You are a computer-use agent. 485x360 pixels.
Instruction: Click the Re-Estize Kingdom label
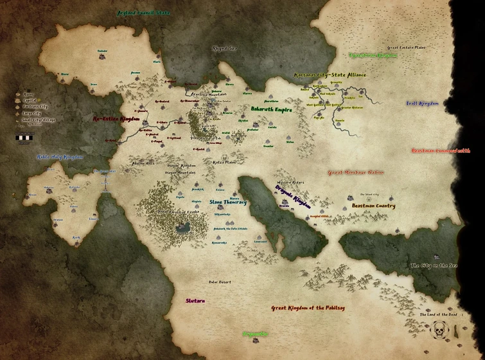[x=116, y=119]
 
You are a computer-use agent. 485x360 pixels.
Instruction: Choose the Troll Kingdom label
[x=422, y=104]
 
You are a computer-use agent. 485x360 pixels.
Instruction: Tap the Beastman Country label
[x=373, y=206]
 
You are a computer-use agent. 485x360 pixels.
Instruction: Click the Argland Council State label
[x=143, y=12]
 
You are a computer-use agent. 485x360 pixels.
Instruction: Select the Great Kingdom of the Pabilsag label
[x=307, y=308]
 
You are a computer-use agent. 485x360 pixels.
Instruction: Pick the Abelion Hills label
[x=143, y=163]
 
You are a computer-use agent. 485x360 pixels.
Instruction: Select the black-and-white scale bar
[x=25, y=136]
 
